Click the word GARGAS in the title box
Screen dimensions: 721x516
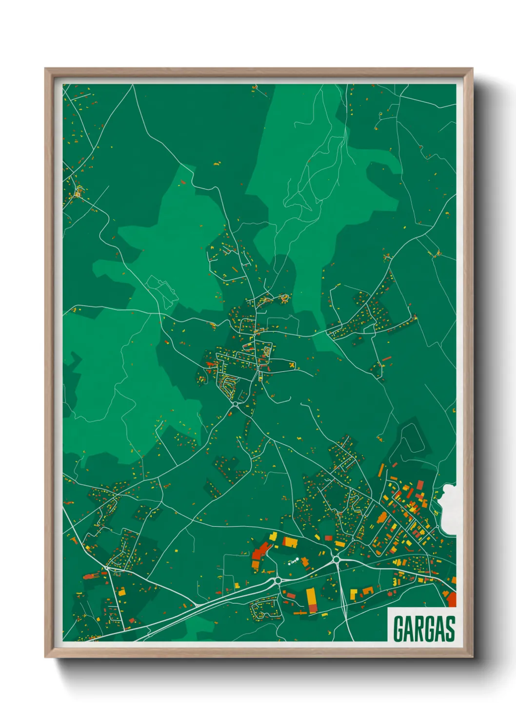423,629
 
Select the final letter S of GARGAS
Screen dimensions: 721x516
450,629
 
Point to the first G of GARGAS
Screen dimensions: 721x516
398,629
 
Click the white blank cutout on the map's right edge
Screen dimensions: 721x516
449,509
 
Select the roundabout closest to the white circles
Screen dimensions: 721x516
278,580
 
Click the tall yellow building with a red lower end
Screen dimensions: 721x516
311,599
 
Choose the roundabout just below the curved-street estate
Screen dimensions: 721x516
236,404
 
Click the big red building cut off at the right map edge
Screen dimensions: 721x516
451,599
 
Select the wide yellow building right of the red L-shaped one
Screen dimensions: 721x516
290,541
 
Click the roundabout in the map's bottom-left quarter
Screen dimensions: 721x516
107,568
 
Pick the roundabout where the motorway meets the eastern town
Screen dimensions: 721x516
336,560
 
